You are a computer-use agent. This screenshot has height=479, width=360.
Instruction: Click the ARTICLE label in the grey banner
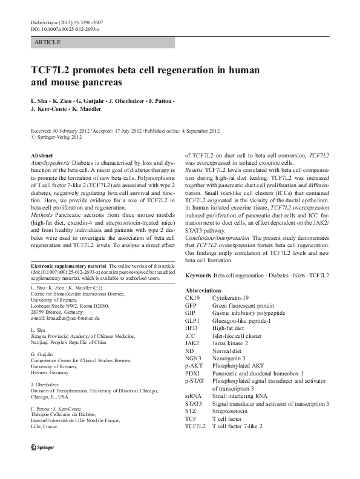coord(48,43)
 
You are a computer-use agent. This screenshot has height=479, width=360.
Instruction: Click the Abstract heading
coord(41,156)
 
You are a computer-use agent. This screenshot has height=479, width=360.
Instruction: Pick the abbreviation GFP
coord(191,306)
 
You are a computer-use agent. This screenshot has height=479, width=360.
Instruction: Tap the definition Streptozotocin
coord(232,410)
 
